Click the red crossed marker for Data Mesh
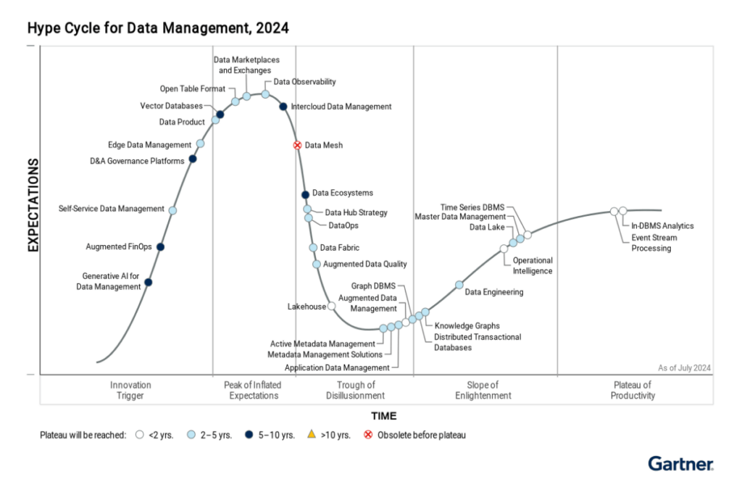tap(297, 145)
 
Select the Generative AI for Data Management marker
tap(149, 282)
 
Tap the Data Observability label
tap(304, 82)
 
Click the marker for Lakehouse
tap(332, 306)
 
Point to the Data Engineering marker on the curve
tap(459, 285)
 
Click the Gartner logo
tap(680, 463)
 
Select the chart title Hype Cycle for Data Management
tap(158, 28)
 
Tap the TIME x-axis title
tap(384, 416)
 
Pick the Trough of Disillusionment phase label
tap(356, 390)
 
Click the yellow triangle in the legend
tap(312, 435)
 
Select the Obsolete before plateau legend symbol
tap(368, 435)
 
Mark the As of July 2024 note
tap(684, 367)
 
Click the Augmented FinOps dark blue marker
tap(160, 246)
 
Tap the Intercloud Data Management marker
tap(283, 107)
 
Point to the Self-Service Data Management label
tap(112, 209)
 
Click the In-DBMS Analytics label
tap(662, 225)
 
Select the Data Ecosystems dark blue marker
tap(305, 194)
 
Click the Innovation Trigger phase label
tap(130, 390)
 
